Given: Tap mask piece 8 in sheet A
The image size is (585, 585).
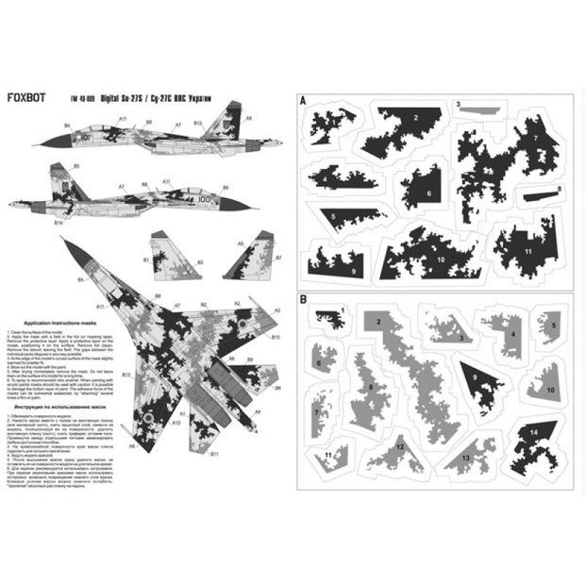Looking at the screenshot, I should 543,197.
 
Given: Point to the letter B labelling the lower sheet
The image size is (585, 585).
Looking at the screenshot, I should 302,301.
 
